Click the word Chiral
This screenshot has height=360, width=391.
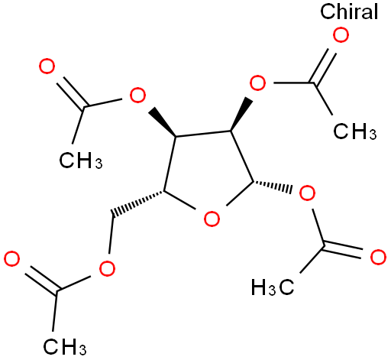click(x=349, y=11)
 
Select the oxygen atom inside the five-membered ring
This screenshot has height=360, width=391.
click(x=212, y=219)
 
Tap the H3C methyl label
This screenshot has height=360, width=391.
click(x=273, y=287)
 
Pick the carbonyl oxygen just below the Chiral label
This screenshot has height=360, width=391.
click(x=341, y=35)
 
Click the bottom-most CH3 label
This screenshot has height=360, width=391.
click(x=65, y=346)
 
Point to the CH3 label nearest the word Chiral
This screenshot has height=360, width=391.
click(x=355, y=131)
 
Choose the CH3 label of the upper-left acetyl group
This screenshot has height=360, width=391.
click(x=81, y=161)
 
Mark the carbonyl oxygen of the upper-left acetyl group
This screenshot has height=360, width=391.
click(x=47, y=66)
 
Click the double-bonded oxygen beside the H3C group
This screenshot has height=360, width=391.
click(x=378, y=258)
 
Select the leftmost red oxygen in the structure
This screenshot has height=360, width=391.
click(x=11, y=259)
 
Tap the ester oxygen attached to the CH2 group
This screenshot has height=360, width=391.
click(x=107, y=268)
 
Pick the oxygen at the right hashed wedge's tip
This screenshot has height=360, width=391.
click(x=307, y=193)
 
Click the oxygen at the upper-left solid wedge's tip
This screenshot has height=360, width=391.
click(x=137, y=95)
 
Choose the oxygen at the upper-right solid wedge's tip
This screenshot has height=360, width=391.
click(x=257, y=83)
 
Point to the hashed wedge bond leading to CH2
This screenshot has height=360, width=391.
click(x=137, y=203)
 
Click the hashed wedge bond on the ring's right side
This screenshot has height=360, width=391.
click(x=272, y=186)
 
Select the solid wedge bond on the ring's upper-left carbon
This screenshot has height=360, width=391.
click(x=163, y=122)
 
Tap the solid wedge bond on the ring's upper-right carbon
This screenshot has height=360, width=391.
click(x=241, y=114)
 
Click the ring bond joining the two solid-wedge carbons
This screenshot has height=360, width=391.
click(x=203, y=134)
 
